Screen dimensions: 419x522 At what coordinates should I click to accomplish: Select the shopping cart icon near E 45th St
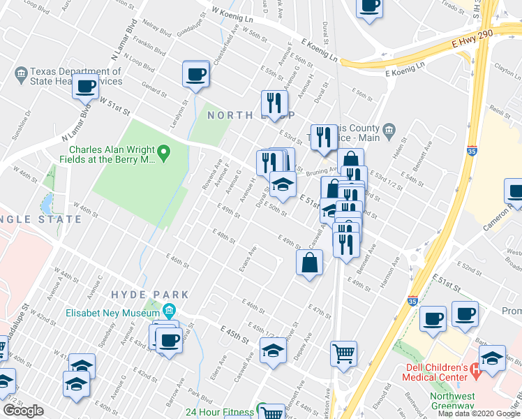(343, 353)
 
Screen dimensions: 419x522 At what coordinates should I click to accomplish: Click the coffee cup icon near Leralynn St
(196, 73)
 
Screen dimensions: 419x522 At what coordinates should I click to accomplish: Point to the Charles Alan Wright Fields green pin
(163, 152)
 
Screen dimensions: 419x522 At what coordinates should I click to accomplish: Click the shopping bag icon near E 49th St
(309, 263)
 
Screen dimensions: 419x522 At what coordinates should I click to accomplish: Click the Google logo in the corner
(23, 411)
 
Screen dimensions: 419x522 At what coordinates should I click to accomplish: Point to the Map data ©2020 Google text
(479, 413)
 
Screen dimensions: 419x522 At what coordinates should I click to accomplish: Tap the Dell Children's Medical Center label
(433, 373)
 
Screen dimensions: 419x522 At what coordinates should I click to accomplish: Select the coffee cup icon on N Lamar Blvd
(86, 87)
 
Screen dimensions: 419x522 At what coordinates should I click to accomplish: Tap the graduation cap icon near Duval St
(283, 185)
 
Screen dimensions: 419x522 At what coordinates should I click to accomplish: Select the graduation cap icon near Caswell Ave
(274, 351)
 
